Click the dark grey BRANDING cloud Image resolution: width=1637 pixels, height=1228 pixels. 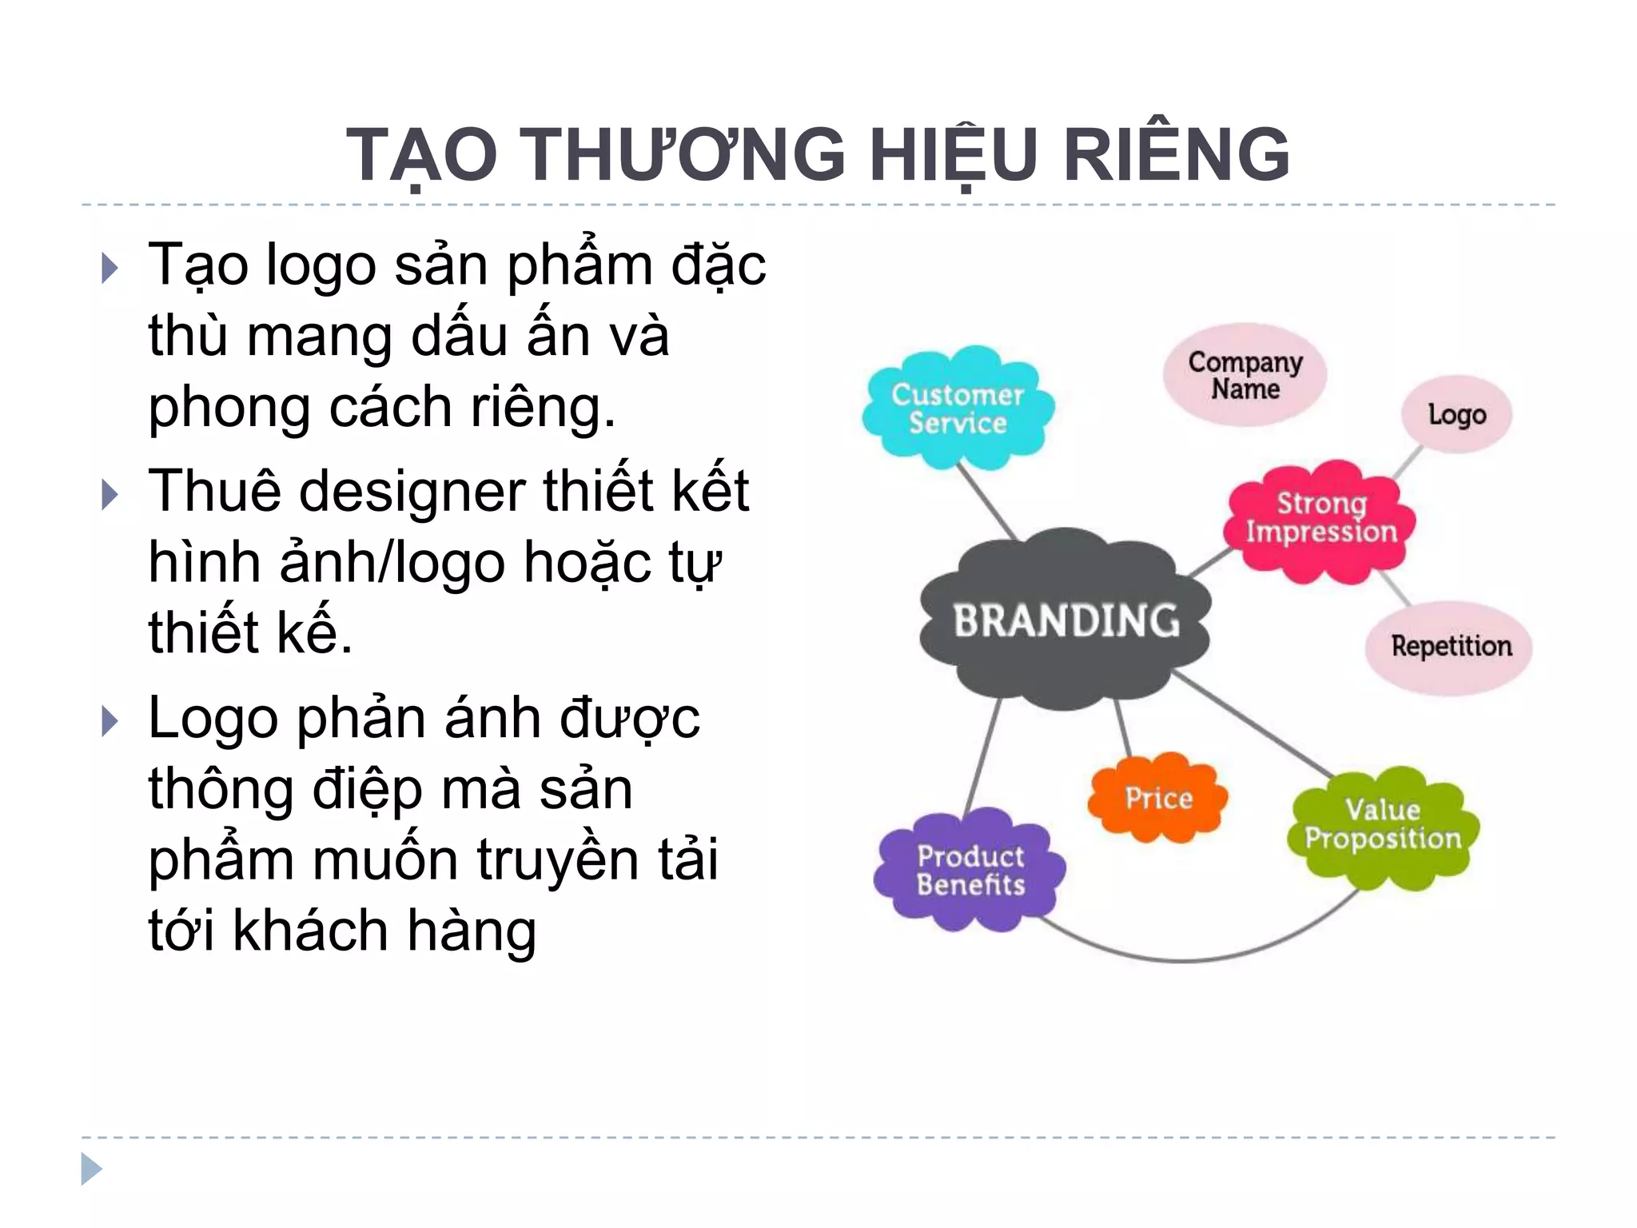[1065, 620]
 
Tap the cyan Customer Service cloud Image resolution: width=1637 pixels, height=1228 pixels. [958, 408]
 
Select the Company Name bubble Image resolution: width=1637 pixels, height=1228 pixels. [1245, 375]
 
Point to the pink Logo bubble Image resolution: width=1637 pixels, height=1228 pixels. [1456, 414]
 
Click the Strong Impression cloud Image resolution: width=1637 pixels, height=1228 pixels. [1320, 520]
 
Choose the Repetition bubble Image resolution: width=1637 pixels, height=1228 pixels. [1451, 646]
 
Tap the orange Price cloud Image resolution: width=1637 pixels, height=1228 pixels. [1157, 798]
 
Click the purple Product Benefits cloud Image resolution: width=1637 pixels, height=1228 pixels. [970, 870]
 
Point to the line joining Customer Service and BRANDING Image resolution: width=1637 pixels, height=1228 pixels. [987, 502]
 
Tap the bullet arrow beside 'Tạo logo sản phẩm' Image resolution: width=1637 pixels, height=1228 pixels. [110, 269]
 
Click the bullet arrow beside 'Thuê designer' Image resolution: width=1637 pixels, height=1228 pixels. [110, 495]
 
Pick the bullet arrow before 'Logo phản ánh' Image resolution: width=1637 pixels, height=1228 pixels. [110, 722]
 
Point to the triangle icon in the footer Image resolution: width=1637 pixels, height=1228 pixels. [91, 1169]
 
